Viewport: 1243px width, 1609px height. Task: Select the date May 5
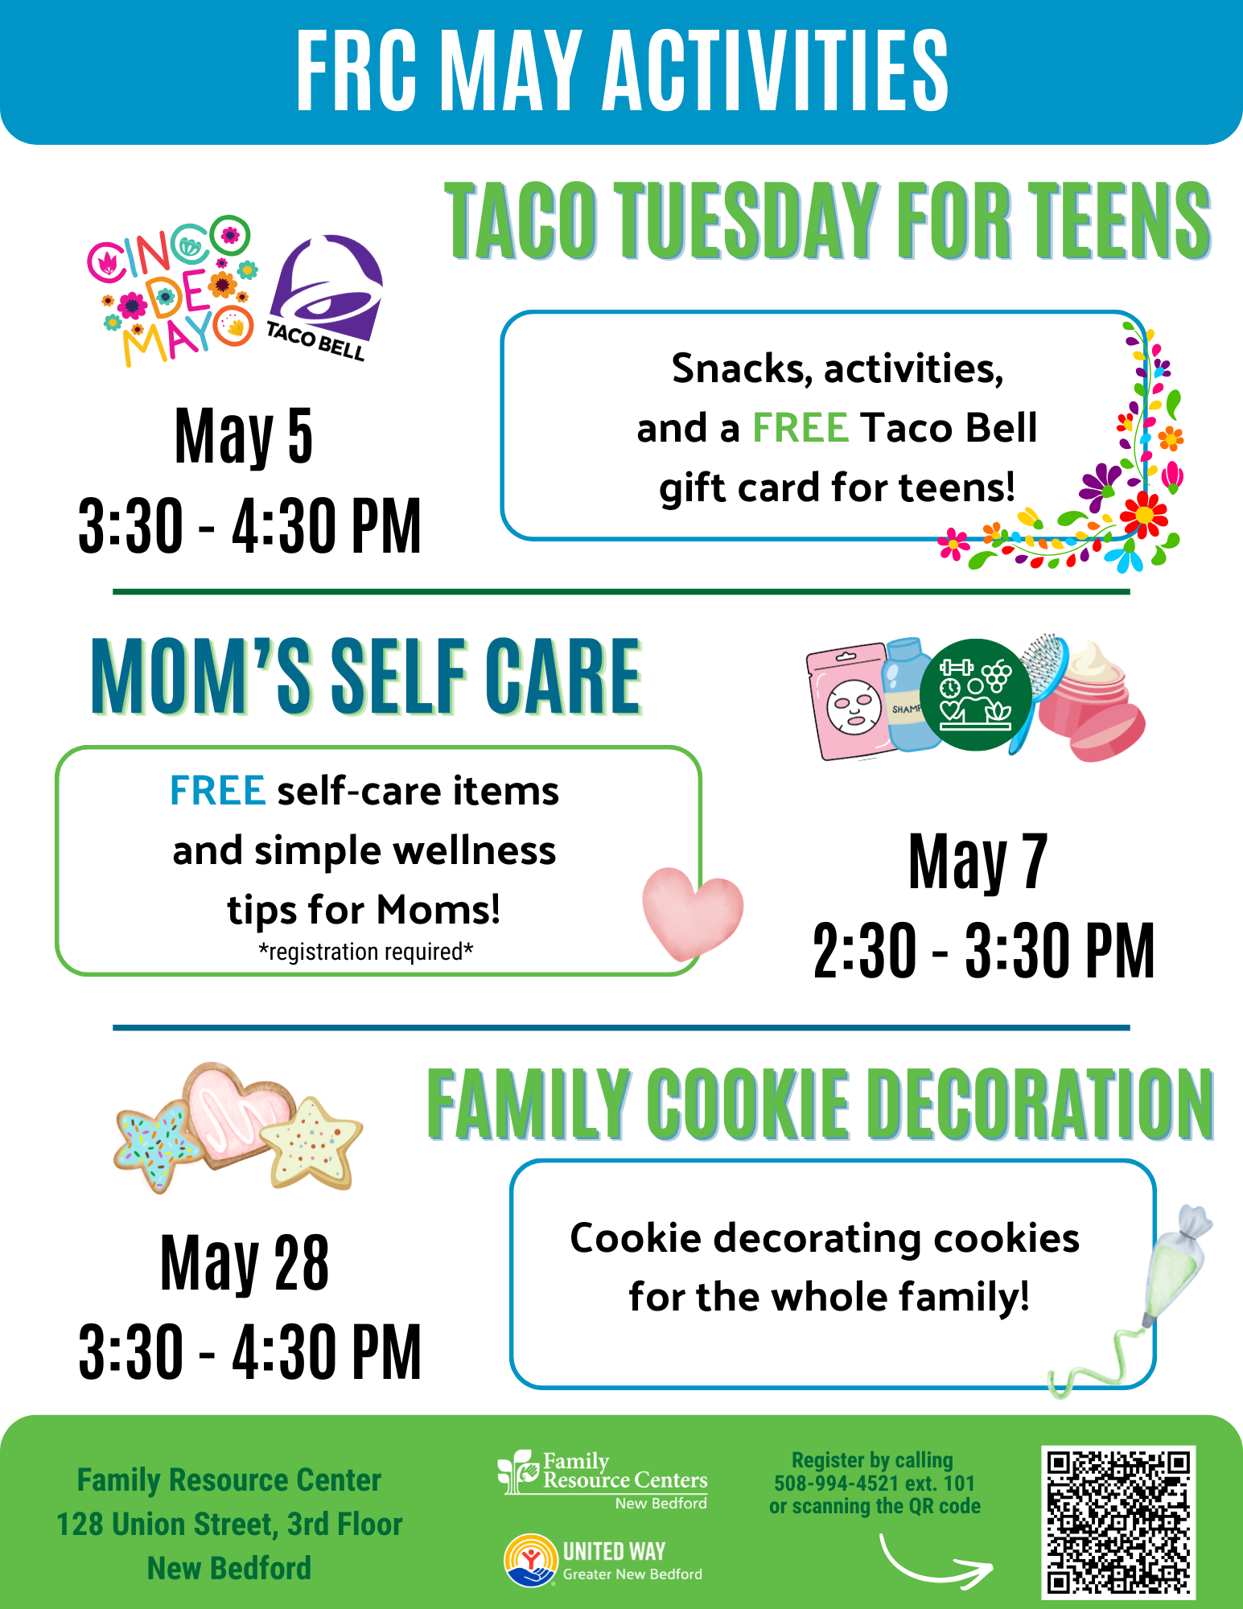[244, 437]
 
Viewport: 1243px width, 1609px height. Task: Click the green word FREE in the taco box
[800, 428]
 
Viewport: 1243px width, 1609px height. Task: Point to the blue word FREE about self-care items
[217, 791]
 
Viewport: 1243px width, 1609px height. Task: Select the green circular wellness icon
[976, 695]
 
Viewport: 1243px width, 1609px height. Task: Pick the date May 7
[978, 862]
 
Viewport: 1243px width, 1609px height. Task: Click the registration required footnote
[365, 952]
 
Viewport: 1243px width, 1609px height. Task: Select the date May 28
[245, 1263]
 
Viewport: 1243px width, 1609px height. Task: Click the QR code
[1118, 1522]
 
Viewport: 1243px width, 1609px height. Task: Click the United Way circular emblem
[531, 1560]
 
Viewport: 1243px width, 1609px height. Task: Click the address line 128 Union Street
[229, 1525]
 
